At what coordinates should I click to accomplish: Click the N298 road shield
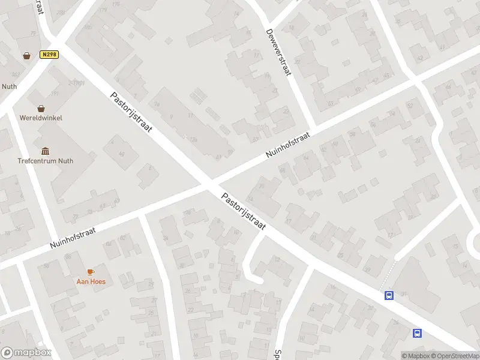[x=49, y=55]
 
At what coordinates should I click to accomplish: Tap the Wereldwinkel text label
[x=41, y=118]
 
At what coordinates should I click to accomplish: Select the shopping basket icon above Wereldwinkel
[x=41, y=109]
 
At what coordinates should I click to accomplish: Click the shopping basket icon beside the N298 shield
[x=27, y=56]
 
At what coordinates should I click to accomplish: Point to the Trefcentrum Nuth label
[x=46, y=160]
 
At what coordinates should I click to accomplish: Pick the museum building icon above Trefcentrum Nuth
[x=45, y=151]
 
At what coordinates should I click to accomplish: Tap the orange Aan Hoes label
[x=91, y=281]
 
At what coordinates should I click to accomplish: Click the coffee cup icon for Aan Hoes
[x=91, y=272]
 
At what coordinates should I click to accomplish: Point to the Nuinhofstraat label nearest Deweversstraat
[x=288, y=146]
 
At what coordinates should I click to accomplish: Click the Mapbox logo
[x=26, y=353]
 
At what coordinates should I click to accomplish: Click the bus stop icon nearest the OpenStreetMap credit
[x=416, y=333]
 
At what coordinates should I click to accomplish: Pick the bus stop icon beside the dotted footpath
[x=389, y=295]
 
